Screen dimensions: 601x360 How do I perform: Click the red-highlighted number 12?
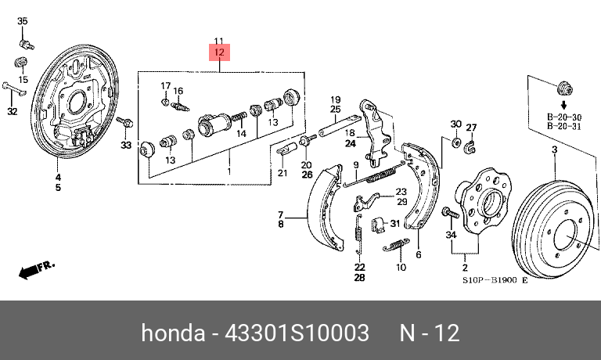pyautogui.click(x=219, y=52)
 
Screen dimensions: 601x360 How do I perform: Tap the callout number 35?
pyautogui.click(x=23, y=20)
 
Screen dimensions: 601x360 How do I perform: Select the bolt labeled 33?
pyautogui.click(x=125, y=123)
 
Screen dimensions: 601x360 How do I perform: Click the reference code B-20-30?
pyautogui.click(x=564, y=117)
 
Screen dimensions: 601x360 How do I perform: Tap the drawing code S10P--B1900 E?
pyautogui.click(x=495, y=280)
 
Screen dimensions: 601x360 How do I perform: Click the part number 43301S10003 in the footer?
pyautogui.click(x=297, y=333)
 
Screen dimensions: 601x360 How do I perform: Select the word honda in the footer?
pyautogui.click(x=173, y=333)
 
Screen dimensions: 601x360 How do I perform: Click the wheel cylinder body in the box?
pyautogui.click(x=214, y=124)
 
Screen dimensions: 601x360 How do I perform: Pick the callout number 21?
pyautogui.click(x=283, y=173)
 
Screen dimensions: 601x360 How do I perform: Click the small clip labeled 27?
pyautogui.click(x=470, y=147)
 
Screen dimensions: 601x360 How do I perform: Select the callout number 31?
pyautogui.click(x=394, y=223)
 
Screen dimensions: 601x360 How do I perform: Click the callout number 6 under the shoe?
pyautogui.click(x=419, y=254)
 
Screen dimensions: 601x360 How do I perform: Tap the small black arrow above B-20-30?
pyautogui.click(x=563, y=105)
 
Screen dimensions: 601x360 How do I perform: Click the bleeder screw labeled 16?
pyautogui.click(x=179, y=106)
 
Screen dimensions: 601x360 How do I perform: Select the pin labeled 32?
pyautogui.click(x=14, y=88)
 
